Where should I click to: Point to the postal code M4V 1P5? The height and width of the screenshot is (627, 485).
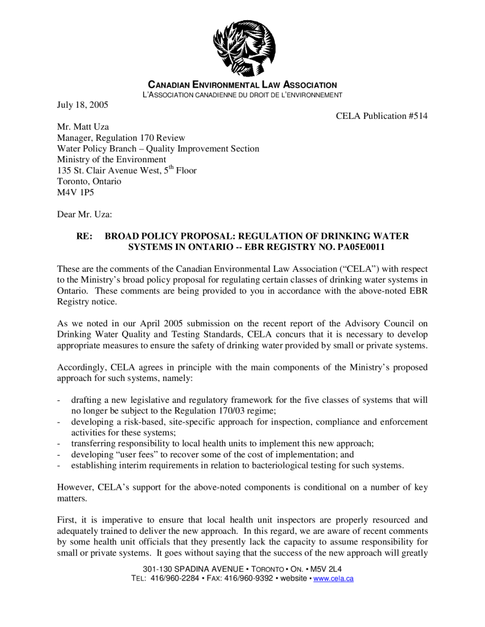(74, 192)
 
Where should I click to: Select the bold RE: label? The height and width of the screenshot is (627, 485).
(84, 236)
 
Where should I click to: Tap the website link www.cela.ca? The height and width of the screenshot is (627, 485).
(334, 579)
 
